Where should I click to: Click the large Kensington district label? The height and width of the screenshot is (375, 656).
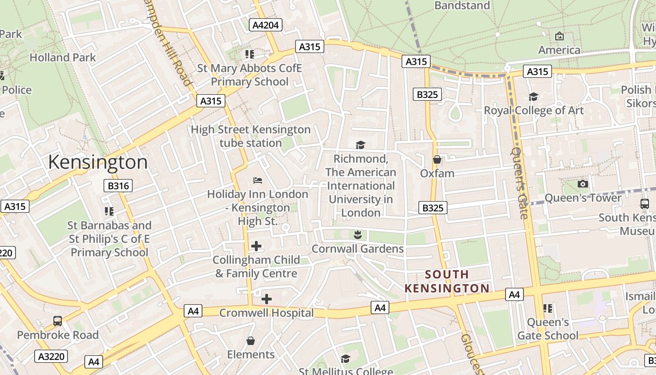point(97,162)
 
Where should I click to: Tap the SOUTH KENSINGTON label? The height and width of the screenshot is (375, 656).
point(447,281)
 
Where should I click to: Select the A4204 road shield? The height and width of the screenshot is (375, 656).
point(266,25)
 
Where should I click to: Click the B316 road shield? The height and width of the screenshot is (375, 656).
point(118,186)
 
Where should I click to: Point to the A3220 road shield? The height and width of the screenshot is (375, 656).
point(51,356)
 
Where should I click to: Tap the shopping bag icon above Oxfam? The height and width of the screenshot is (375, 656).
point(437,159)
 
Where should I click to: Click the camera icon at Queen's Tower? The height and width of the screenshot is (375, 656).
point(583,184)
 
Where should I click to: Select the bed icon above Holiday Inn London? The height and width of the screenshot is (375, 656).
point(257,180)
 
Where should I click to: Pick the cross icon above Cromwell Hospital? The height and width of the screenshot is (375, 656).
point(266,299)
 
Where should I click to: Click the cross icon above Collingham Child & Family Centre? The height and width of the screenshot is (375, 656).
point(256,246)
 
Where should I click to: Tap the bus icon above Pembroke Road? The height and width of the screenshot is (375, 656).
point(58,321)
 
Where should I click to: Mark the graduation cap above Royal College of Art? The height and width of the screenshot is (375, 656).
point(533,97)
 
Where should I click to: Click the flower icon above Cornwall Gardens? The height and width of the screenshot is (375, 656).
point(358,234)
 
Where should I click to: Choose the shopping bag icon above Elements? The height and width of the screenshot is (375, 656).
point(251,340)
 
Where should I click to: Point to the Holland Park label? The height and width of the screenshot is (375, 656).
point(62,58)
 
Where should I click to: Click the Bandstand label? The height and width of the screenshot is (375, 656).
point(462,6)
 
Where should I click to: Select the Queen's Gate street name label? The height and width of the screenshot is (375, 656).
point(520,183)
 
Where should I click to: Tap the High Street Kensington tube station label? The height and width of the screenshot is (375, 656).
point(251,136)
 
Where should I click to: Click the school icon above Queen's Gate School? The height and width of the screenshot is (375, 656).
point(547,308)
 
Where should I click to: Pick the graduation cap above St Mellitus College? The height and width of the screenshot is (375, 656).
point(345,359)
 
